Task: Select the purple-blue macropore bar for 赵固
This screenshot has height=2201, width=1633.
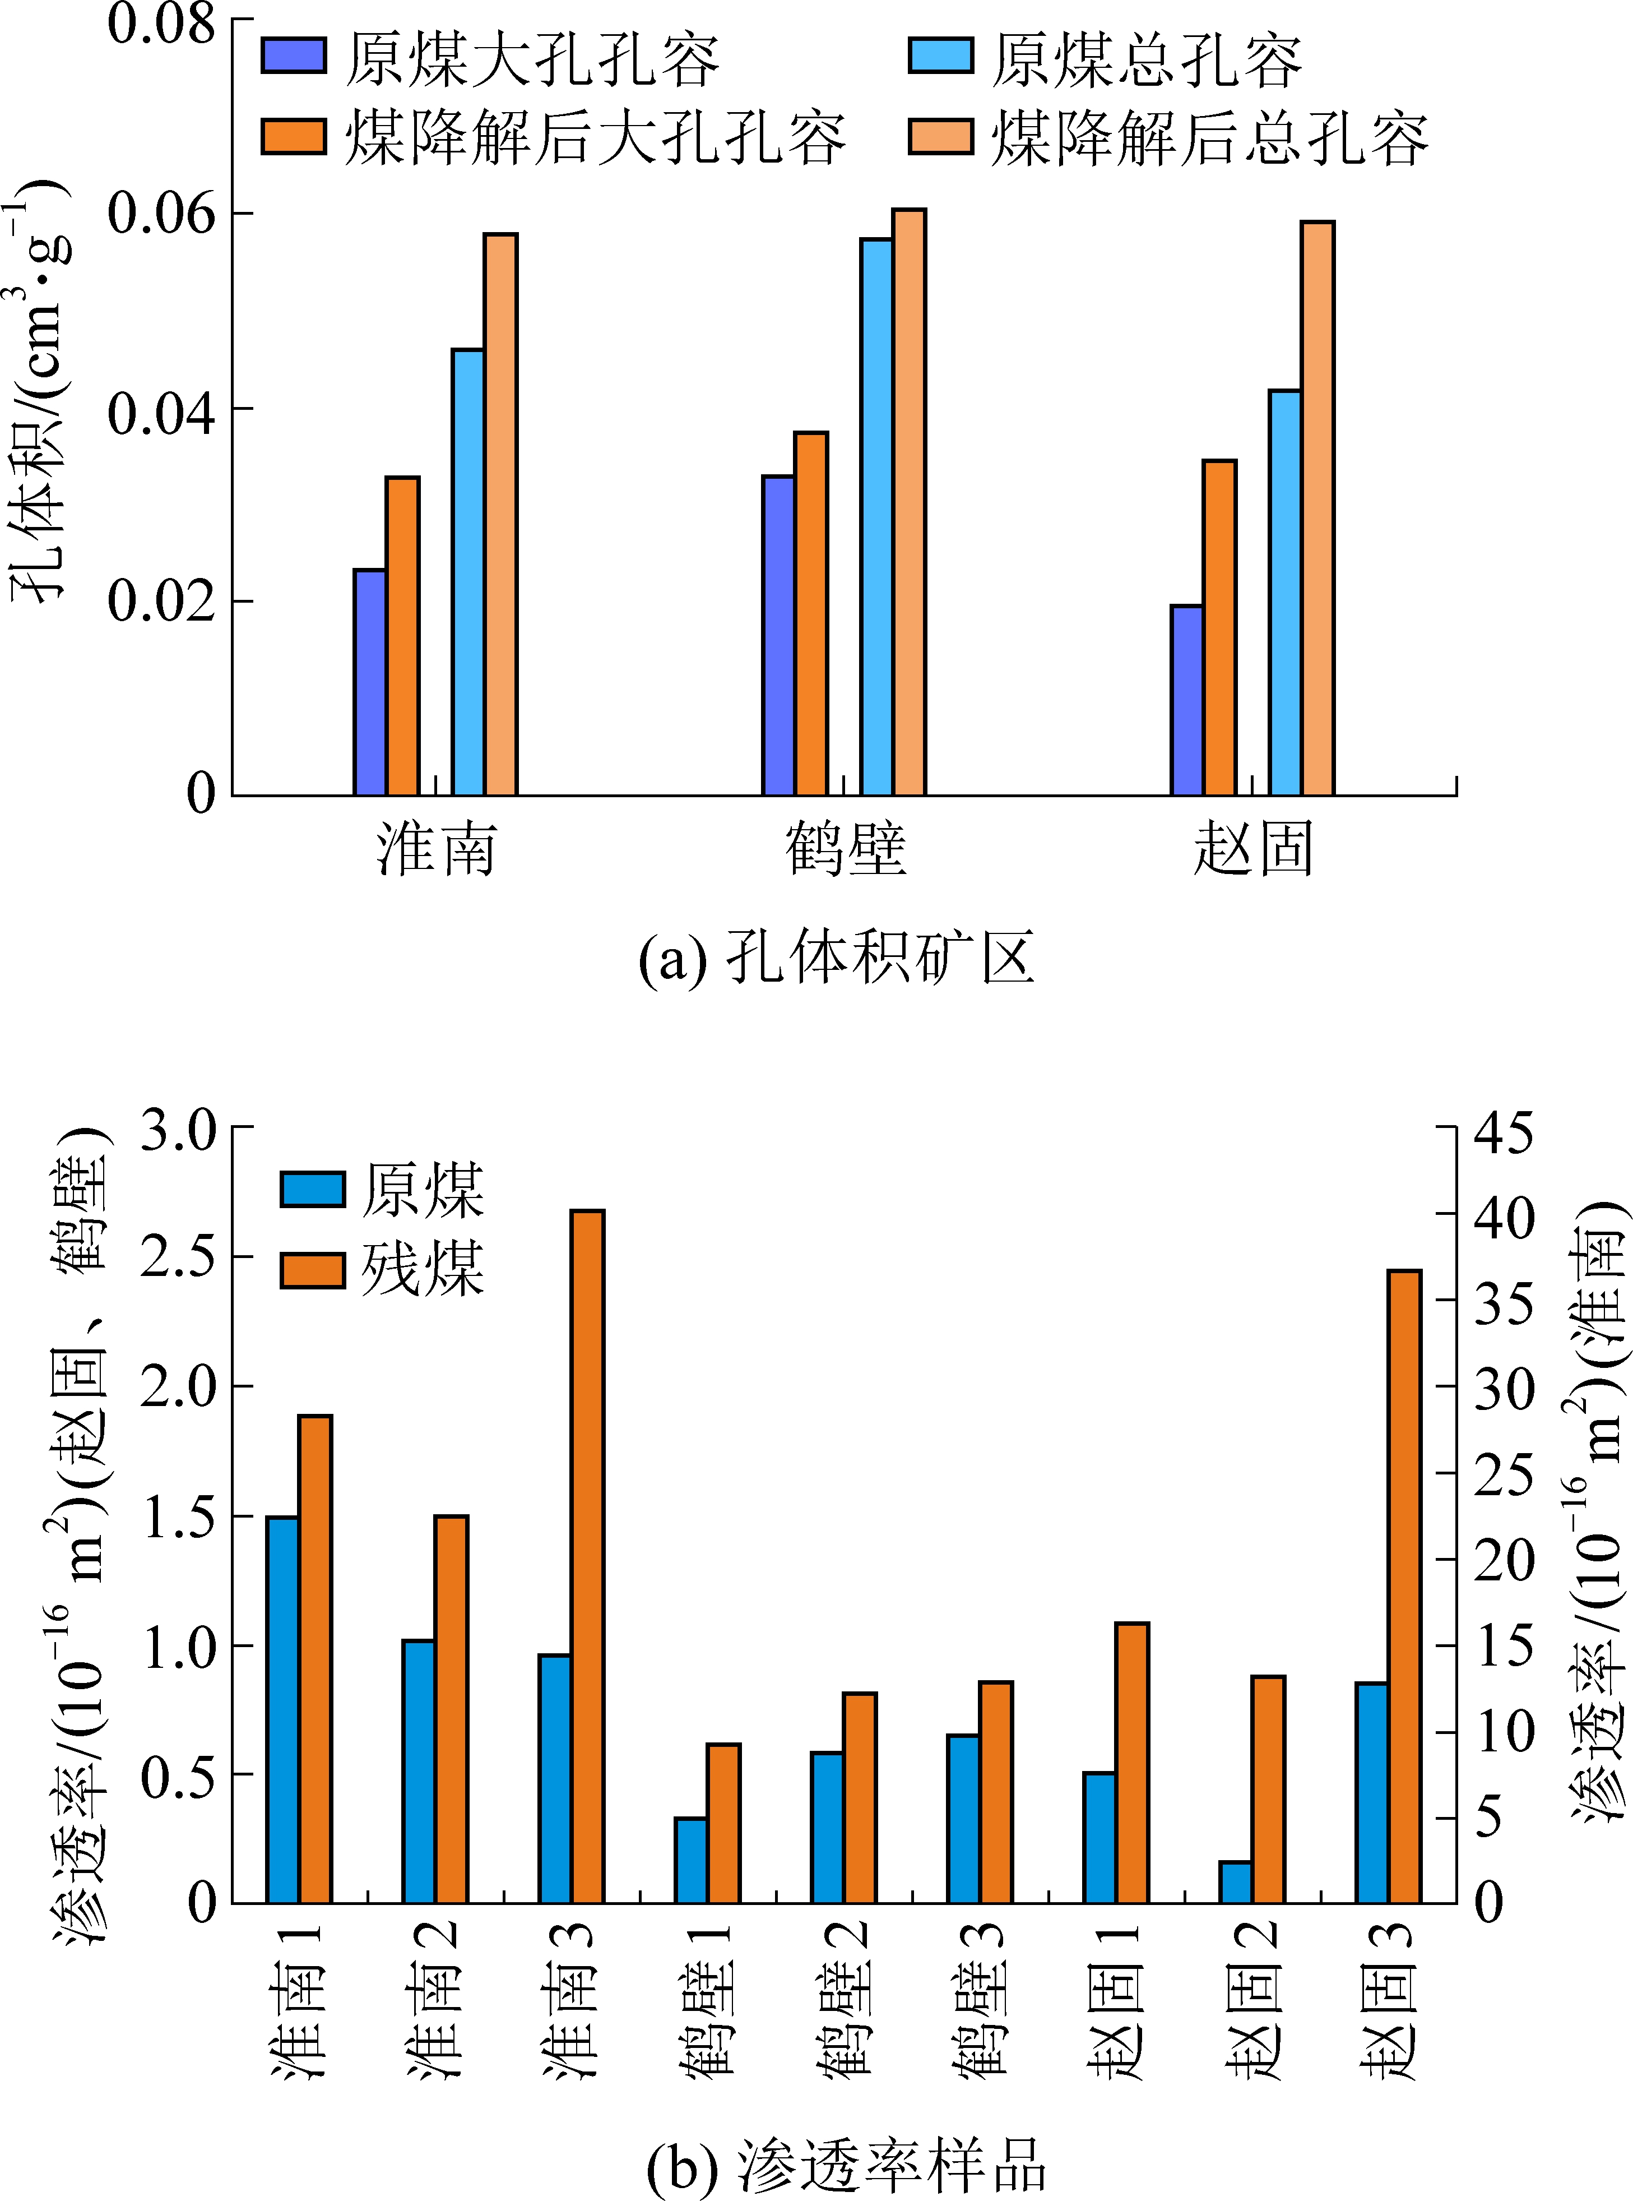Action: [1187, 700]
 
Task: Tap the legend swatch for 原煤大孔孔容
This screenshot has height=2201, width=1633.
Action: [294, 57]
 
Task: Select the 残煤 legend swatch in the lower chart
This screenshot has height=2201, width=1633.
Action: [312, 1270]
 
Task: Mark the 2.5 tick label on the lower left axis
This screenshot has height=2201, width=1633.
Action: [178, 1257]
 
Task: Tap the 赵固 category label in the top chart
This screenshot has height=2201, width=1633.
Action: [1254, 848]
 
